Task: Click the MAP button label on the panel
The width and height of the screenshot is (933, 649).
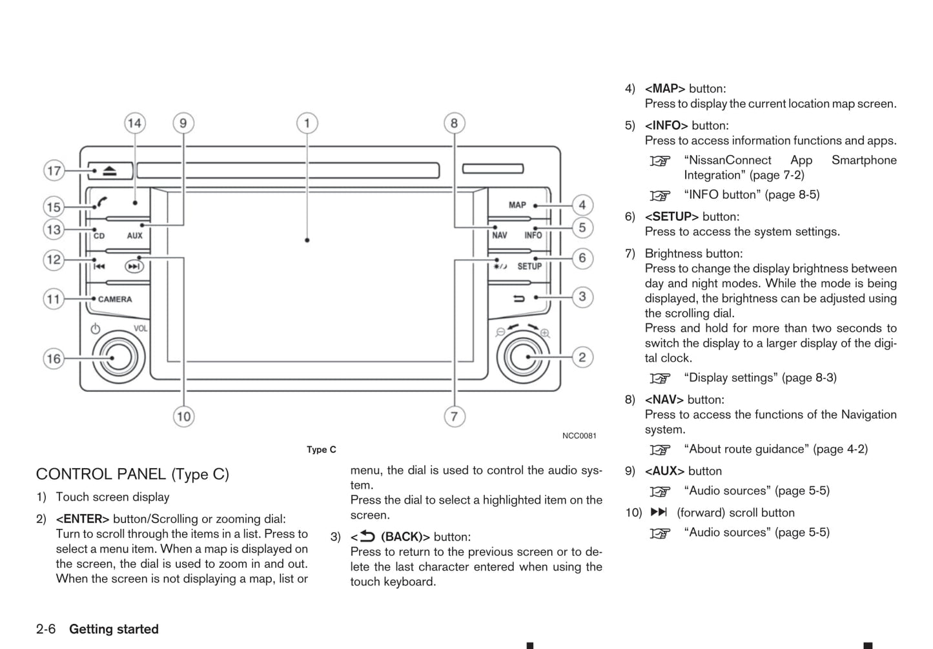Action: coord(517,205)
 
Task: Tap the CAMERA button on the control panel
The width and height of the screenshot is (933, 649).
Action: coord(115,299)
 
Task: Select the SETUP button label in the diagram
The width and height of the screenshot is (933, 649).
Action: coord(529,266)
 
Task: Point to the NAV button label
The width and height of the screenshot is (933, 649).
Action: coord(499,236)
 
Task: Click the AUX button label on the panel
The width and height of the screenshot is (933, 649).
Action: coord(134,236)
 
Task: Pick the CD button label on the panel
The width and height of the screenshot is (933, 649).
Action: coord(99,236)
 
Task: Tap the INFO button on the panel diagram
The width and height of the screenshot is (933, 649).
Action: coord(533,236)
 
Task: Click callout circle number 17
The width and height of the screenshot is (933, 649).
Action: coord(54,171)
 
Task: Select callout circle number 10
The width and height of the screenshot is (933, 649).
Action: coord(184,417)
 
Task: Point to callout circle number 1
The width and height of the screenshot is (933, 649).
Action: coord(307,123)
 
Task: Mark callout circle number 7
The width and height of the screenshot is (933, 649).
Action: coord(454,417)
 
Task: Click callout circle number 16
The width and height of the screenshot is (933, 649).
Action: coord(54,359)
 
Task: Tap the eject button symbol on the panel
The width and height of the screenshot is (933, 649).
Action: coord(109,171)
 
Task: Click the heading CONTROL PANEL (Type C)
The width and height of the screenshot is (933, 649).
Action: coord(132,474)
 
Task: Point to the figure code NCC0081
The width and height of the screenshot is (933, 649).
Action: coord(579,436)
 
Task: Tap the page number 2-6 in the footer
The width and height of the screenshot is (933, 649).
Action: coord(46,629)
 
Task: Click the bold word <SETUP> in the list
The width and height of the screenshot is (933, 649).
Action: coord(672,217)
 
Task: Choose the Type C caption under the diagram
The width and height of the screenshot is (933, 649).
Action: coord(321,449)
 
